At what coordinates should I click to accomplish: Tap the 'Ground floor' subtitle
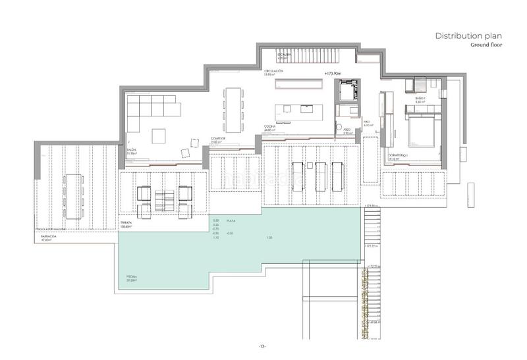[x=487, y=46]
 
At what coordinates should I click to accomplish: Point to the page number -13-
[x=262, y=345]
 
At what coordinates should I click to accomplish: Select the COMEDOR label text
[x=218, y=140]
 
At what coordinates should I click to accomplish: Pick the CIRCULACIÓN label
[x=273, y=70]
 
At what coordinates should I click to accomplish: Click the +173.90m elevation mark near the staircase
[x=335, y=73]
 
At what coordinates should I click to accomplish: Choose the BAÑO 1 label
[x=421, y=99]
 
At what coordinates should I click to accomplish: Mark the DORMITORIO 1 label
[x=397, y=155]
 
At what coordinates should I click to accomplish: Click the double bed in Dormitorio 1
[x=419, y=130]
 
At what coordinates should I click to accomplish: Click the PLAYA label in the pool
[x=231, y=220]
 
